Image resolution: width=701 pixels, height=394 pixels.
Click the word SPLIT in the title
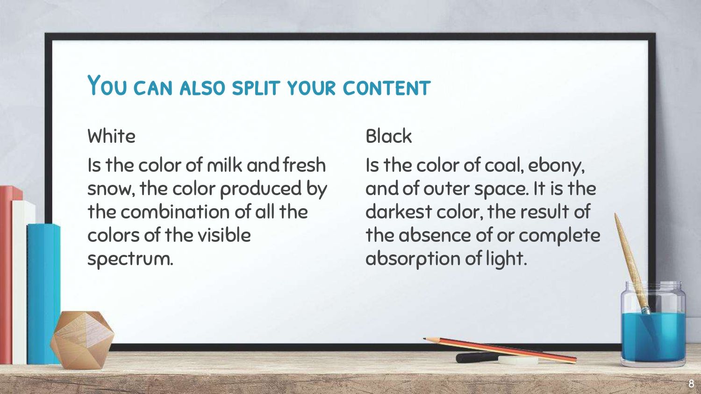(x=256, y=88)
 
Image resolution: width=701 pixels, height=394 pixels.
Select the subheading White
(x=111, y=136)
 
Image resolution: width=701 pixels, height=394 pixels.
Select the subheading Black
(x=388, y=136)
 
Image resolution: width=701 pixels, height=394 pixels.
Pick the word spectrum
(x=130, y=259)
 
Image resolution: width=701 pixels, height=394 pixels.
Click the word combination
(x=175, y=211)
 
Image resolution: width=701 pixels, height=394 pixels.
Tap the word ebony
(x=556, y=166)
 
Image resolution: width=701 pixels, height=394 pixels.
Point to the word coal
(x=504, y=165)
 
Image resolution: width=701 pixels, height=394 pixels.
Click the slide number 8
(x=691, y=383)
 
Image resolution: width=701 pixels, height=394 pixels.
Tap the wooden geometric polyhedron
(x=82, y=339)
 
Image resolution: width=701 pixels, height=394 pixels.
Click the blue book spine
(x=43, y=294)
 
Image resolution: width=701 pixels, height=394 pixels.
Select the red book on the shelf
(x=6, y=274)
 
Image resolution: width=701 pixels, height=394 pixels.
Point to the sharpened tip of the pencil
(x=424, y=338)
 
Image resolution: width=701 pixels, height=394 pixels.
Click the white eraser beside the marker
(x=518, y=360)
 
